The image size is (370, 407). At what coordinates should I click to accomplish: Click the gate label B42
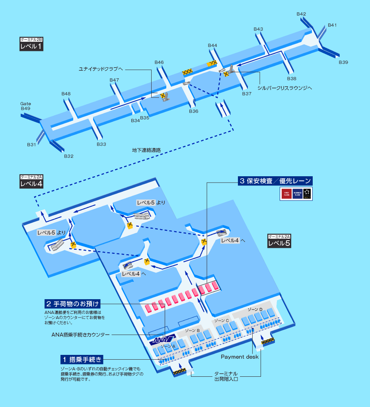pos(301,14)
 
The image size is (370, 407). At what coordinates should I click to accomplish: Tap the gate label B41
pos(332,25)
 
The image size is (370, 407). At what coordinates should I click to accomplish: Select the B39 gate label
pos(343,62)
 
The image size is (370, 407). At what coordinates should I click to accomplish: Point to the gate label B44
pos(212,45)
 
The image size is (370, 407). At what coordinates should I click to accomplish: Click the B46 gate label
pos(159,62)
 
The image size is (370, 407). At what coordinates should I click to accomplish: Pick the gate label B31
pos(31,145)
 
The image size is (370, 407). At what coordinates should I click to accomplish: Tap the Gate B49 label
pos(25,106)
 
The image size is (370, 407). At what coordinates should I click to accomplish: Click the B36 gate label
pos(193,111)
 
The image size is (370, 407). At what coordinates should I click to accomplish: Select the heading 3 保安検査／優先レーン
pos(275,181)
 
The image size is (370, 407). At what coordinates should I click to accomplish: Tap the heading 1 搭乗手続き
pos(82,359)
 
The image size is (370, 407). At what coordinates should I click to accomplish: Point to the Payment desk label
pos(240,357)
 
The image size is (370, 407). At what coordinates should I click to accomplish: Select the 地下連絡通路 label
pos(146,150)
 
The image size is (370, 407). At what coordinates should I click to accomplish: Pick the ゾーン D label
pos(255,309)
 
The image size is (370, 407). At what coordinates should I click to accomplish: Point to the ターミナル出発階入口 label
pos(226,376)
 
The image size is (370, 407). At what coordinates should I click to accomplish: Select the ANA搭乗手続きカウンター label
pos(80,335)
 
